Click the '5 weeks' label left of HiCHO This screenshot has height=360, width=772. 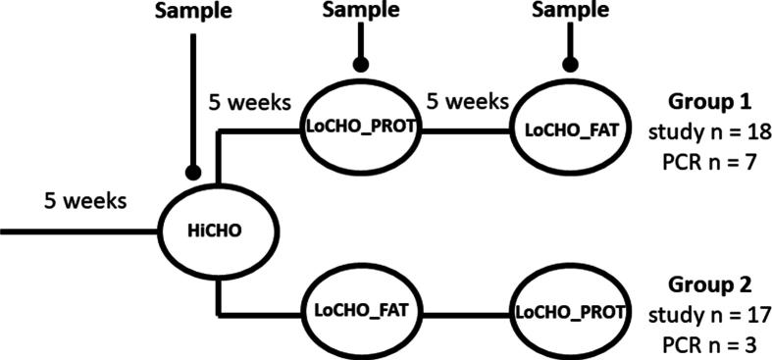tap(85, 202)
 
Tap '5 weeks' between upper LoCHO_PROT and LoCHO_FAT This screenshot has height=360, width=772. tap(467, 100)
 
